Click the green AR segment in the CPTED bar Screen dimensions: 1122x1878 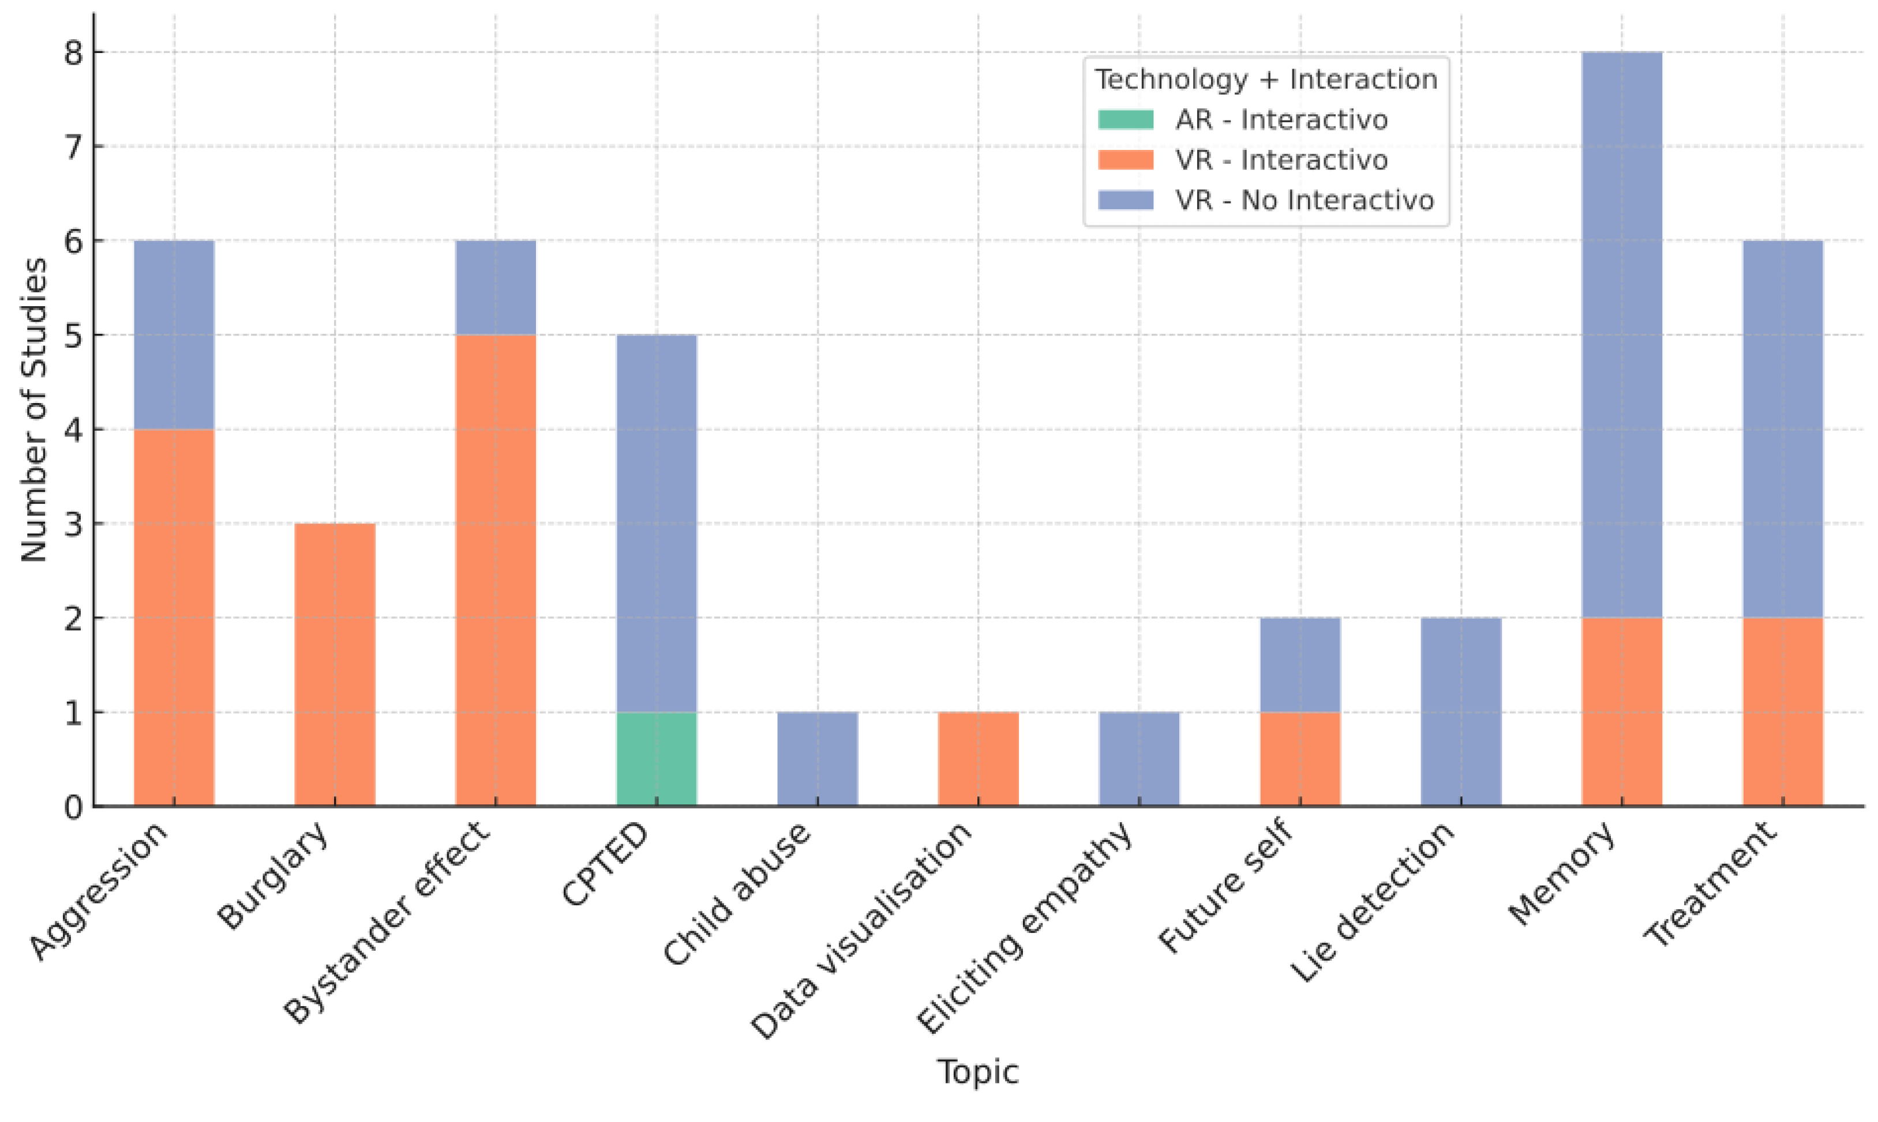tap(656, 759)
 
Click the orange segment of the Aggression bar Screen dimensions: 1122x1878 tap(174, 618)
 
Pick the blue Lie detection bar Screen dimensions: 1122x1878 tap(1460, 711)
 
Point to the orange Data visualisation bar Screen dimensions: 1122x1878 tap(978, 759)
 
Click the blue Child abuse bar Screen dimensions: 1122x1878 tap(817, 759)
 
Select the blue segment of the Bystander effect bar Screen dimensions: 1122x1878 tap(496, 287)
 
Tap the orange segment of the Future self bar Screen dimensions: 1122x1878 tap(1299, 759)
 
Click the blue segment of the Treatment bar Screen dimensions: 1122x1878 tap(1783, 429)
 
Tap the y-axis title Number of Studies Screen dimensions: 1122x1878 tap(33, 410)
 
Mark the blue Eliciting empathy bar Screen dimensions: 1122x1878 tap(1138, 759)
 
